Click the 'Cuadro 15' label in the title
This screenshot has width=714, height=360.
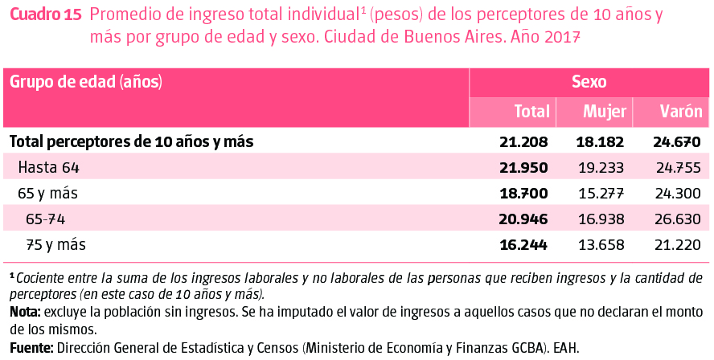[x=45, y=15]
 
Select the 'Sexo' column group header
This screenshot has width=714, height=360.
[x=589, y=81]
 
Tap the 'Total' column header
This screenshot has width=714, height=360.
[x=531, y=112]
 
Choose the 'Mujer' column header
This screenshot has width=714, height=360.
[x=604, y=112]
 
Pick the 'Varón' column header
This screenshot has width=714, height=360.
[x=680, y=112]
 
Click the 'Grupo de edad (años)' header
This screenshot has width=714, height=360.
[x=85, y=81]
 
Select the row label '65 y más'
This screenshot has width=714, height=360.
[x=48, y=193]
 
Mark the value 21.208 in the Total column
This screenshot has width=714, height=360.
[x=523, y=142]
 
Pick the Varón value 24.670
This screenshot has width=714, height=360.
[x=677, y=142]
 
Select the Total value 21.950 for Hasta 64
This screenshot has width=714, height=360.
[x=523, y=167]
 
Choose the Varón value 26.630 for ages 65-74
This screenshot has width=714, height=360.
[x=679, y=219]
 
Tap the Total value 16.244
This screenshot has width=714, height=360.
[x=523, y=244]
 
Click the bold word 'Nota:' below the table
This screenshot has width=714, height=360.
[x=26, y=311]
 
